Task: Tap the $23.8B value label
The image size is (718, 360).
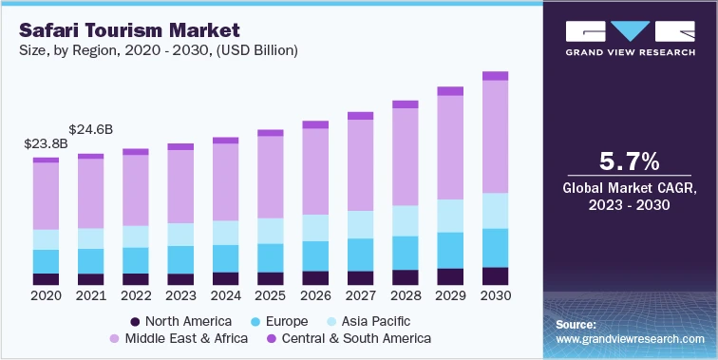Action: (45, 144)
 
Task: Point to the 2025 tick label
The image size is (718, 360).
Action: (270, 295)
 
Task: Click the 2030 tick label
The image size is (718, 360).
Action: (495, 295)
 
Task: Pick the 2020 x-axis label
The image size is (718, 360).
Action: (46, 295)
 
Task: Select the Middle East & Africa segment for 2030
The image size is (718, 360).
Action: (495, 136)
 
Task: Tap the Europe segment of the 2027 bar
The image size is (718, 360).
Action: (360, 254)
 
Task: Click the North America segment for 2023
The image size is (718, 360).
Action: (180, 279)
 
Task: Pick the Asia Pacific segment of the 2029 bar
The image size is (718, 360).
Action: (450, 216)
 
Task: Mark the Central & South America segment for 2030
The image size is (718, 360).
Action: (495, 76)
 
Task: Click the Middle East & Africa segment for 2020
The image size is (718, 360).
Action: (46, 196)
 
